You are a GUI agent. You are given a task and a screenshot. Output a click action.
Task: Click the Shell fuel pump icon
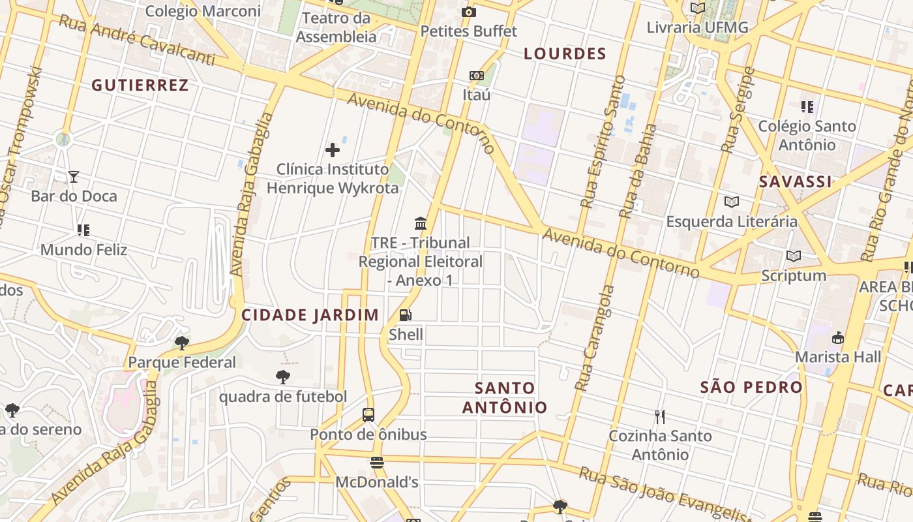click(x=405, y=316)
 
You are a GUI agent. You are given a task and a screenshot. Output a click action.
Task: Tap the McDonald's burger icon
click(x=376, y=463)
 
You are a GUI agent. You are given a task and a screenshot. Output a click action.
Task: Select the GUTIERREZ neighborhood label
click(x=140, y=85)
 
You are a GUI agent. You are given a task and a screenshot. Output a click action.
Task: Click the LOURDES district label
click(x=565, y=54)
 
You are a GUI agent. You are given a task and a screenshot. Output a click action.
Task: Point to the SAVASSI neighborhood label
click(x=795, y=182)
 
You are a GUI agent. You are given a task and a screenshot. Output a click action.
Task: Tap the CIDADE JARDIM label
click(x=310, y=315)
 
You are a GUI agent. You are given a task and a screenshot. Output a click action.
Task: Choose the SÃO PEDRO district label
click(x=751, y=387)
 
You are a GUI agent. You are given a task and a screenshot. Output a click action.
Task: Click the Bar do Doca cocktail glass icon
click(x=74, y=177)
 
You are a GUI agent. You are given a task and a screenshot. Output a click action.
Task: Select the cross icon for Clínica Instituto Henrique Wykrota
click(x=333, y=150)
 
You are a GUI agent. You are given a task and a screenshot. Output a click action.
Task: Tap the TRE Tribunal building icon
click(x=421, y=224)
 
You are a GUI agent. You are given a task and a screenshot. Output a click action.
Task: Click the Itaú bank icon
click(x=477, y=76)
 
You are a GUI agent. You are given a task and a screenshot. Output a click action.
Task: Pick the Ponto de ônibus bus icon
click(x=368, y=415)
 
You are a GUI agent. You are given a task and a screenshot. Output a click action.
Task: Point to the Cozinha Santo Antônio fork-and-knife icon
click(x=660, y=416)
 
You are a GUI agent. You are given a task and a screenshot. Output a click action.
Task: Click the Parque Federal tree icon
click(x=182, y=343)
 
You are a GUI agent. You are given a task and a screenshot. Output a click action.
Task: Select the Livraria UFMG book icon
click(x=697, y=8)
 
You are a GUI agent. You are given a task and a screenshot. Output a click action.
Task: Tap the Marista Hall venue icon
click(x=837, y=338)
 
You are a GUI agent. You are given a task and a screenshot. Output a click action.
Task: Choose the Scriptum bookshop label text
click(x=794, y=276)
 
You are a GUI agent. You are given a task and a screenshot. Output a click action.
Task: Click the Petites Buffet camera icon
click(x=468, y=12)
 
